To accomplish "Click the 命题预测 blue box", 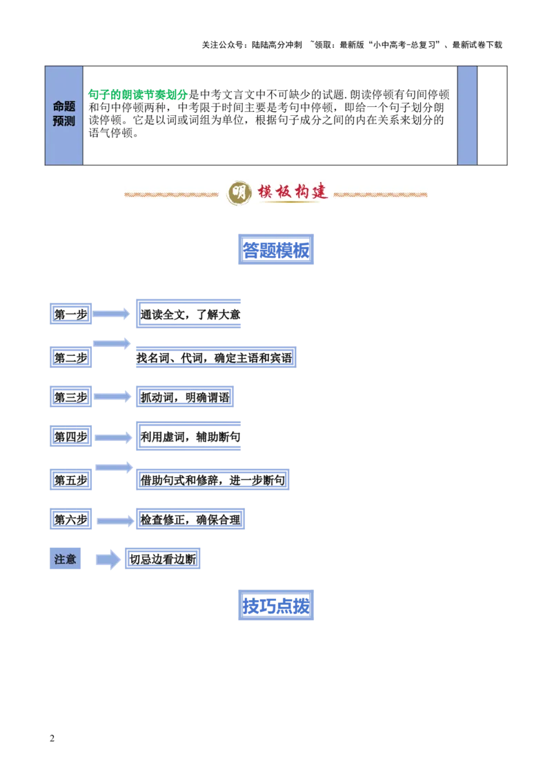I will (x=63, y=115).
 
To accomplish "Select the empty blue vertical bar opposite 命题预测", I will (x=467, y=115).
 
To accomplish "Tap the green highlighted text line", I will (x=138, y=93).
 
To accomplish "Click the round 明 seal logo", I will (x=239, y=193).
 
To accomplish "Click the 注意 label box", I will (x=66, y=560).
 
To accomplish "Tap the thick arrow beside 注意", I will (x=107, y=560).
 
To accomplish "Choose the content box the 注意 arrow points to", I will (x=163, y=560).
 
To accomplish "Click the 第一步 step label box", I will (x=71, y=315).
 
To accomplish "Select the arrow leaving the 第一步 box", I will (x=110, y=314).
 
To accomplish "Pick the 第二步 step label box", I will (x=71, y=357).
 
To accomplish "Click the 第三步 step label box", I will (x=71, y=396).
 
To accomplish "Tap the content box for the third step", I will (x=185, y=396).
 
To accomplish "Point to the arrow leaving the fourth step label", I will (x=112, y=437).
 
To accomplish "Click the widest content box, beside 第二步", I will (x=215, y=356).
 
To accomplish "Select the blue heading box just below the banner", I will (x=276, y=249).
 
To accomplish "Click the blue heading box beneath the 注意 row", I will (x=276, y=605).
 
